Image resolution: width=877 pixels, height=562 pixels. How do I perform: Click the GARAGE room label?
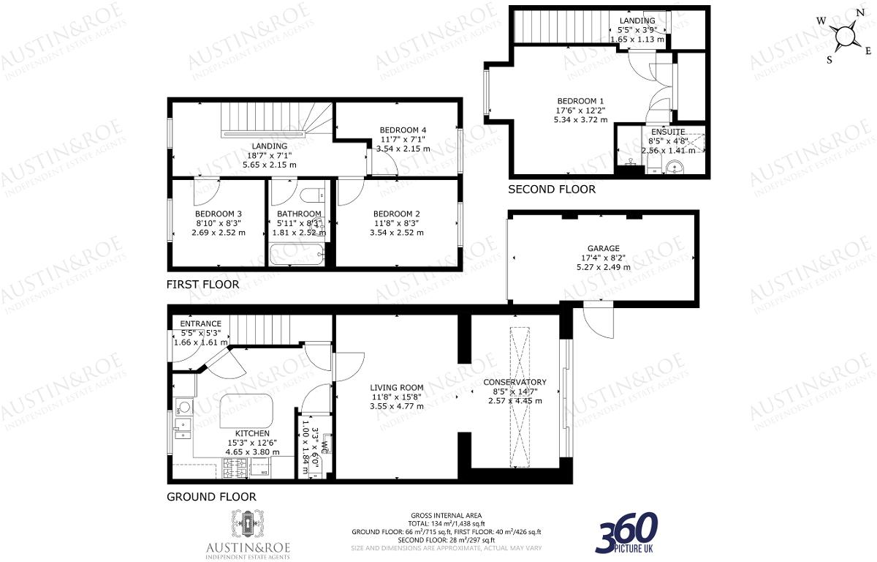(x=603, y=248)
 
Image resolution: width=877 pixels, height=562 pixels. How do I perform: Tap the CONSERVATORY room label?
(x=515, y=382)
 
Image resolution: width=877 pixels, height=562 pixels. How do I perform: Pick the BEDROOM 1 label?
(x=580, y=101)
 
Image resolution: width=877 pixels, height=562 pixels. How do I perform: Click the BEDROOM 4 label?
(x=403, y=130)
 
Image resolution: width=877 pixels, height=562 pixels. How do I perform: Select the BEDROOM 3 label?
(x=218, y=214)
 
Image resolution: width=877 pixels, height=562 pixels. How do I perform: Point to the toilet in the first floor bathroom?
(x=313, y=195)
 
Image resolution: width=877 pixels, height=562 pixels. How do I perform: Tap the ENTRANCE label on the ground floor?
(x=200, y=323)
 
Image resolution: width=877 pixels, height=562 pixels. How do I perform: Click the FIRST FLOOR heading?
(x=202, y=284)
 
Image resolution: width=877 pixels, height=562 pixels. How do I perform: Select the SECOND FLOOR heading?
(x=552, y=189)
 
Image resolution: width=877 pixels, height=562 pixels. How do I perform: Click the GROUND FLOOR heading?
(x=212, y=497)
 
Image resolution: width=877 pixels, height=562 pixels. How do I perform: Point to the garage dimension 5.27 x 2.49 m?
(x=603, y=267)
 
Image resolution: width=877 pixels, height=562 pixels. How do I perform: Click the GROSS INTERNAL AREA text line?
(x=447, y=516)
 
